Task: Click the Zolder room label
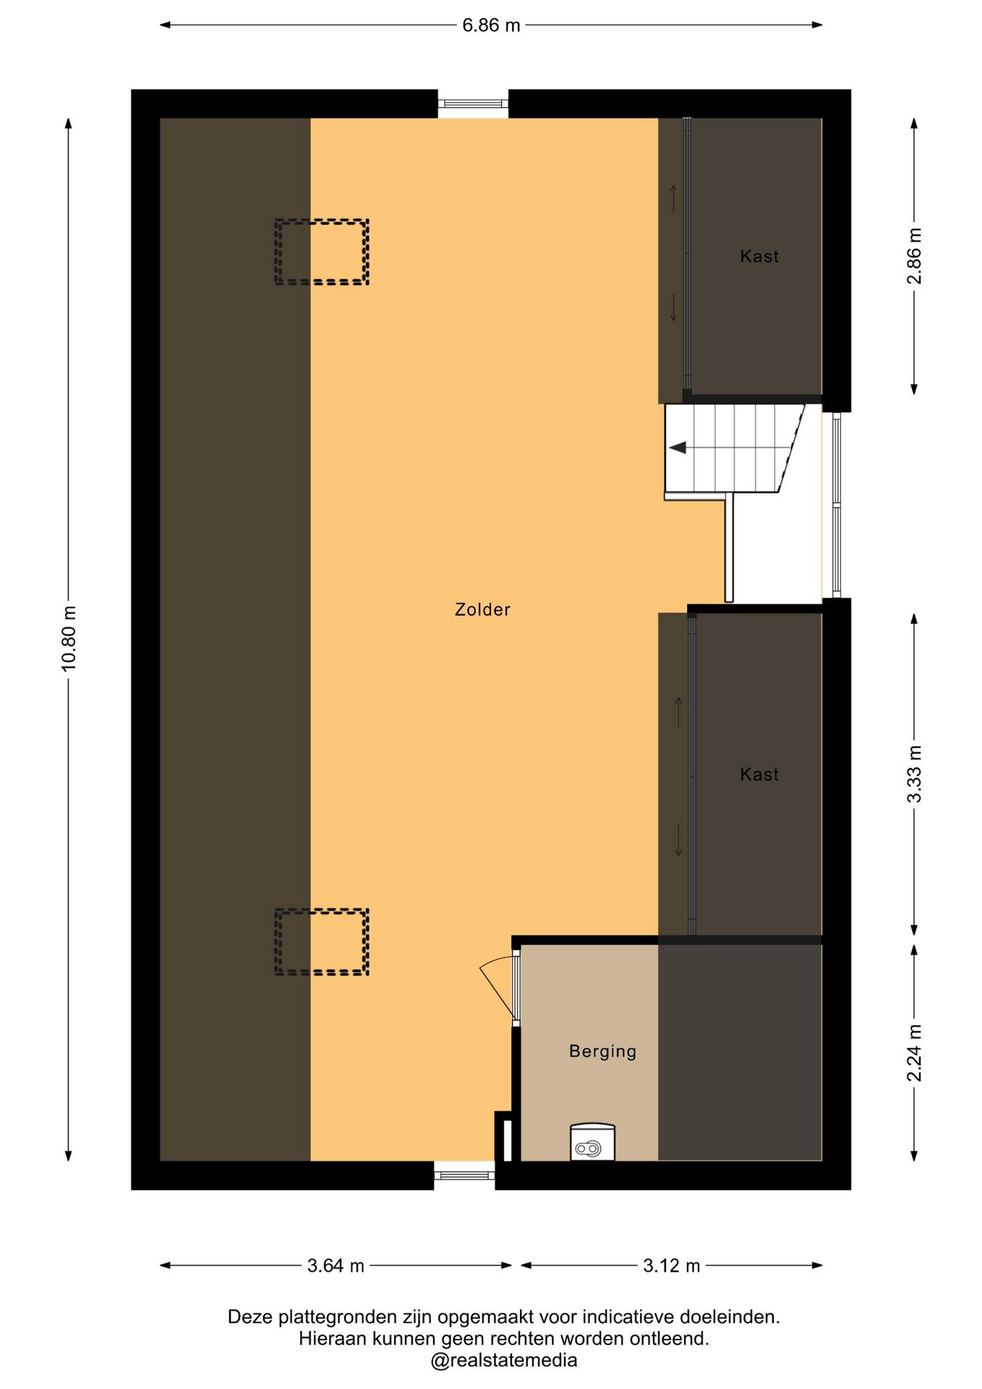[482, 610]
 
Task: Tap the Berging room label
[602, 1051]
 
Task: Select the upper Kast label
[759, 256]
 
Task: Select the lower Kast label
[759, 775]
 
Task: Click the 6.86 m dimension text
[491, 25]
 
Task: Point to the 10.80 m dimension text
[69, 639]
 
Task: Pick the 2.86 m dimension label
[915, 257]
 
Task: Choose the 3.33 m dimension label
[915, 774]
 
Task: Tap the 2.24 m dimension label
[915, 1053]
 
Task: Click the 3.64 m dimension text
[336, 1266]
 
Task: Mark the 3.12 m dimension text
[672, 1266]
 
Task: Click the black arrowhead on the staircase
[678, 448]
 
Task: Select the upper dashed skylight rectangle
[322, 252]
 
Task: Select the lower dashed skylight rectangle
[322, 942]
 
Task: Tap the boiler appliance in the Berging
[592, 1142]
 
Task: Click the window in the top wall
[473, 104]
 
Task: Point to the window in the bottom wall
[464, 1176]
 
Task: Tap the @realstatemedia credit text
[503, 1361]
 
